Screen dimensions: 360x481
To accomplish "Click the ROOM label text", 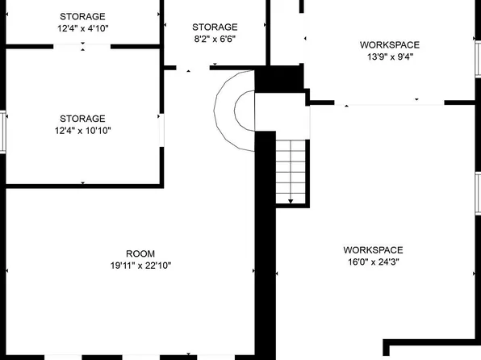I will (140, 253).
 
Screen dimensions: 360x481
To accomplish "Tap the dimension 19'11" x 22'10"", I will (140, 265).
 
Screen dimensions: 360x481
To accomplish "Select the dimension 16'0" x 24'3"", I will (373, 261).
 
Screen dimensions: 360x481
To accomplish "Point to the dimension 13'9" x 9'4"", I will (390, 57).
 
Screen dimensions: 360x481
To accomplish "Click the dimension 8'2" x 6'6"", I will (215, 39).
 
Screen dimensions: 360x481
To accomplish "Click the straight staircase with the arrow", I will (292, 170).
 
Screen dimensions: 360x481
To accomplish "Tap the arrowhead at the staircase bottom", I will (291, 200).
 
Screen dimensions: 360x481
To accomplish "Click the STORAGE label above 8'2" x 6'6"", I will (215, 27).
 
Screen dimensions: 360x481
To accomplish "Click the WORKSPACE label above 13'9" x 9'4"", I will (390, 44).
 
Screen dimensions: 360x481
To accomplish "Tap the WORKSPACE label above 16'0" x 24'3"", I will (373, 249).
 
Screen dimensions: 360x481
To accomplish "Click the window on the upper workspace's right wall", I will (478, 58).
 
